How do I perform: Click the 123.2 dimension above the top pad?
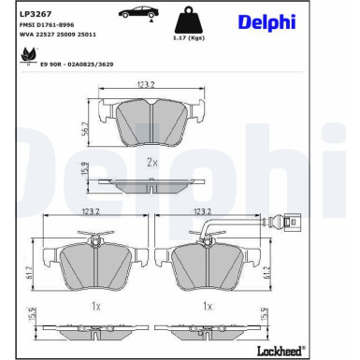[x=144, y=85]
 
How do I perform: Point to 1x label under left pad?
[x=96, y=307]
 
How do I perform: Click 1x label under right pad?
[x=209, y=307]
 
